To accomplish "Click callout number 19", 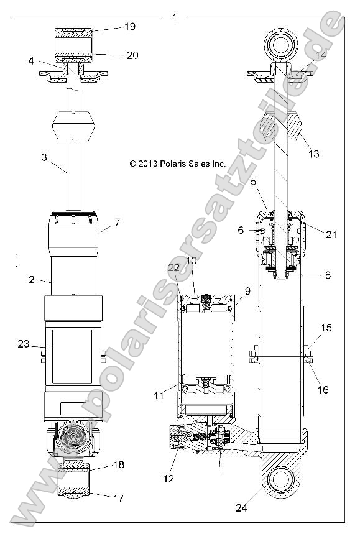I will tap(129, 27).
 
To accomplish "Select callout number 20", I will tap(132, 55).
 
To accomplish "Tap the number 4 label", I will tap(30, 61).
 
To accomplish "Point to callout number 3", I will tap(44, 158).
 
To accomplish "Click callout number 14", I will tap(321, 55).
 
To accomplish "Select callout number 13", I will tap(315, 154).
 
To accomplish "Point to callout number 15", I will tap(326, 328).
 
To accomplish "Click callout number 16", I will tap(323, 390).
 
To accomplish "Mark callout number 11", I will tap(159, 394).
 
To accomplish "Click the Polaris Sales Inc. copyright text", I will tap(177, 164).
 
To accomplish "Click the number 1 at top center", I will tap(174, 17).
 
